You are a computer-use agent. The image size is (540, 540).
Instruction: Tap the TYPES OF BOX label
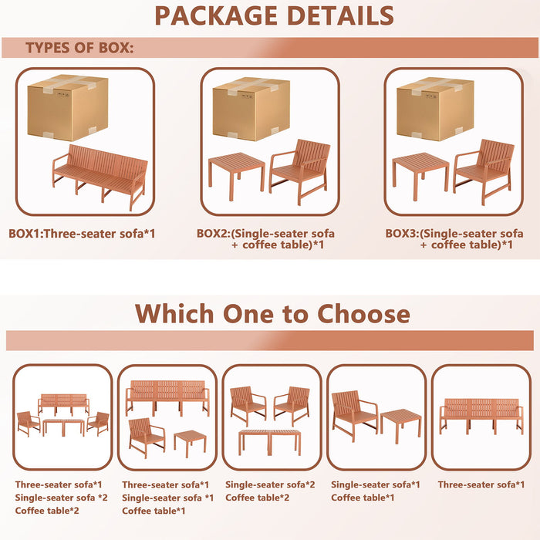tap(79, 48)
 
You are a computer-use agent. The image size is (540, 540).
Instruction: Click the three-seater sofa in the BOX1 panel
tap(99, 174)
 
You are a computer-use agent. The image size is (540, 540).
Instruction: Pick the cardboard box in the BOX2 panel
tap(251, 109)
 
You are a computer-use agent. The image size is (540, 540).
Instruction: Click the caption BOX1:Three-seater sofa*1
tap(82, 231)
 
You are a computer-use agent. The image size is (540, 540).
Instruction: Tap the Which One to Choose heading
tap(272, 313)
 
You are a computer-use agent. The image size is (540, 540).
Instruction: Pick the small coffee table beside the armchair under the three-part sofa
tap(190, 441)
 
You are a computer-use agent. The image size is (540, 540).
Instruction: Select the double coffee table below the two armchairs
tap(270, 440)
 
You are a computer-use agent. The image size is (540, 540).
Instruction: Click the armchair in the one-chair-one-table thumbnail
tap(354, 414)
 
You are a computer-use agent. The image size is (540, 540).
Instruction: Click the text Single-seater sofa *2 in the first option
tap(61, 498)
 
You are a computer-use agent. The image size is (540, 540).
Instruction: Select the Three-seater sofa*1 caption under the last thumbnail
tap(481, 484)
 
